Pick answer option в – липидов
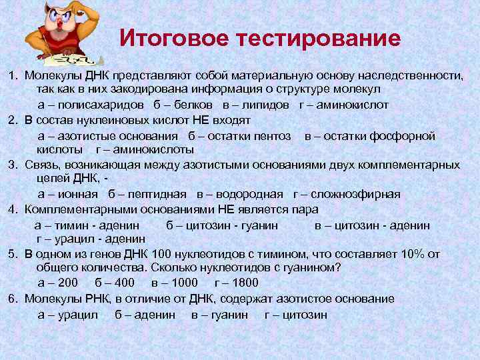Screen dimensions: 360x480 point(256,105)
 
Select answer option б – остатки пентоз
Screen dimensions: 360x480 point(239,135)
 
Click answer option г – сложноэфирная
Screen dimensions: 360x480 point(347,194)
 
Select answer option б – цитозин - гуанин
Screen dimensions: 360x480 point(222,225)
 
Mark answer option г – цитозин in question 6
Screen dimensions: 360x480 point(296,314)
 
